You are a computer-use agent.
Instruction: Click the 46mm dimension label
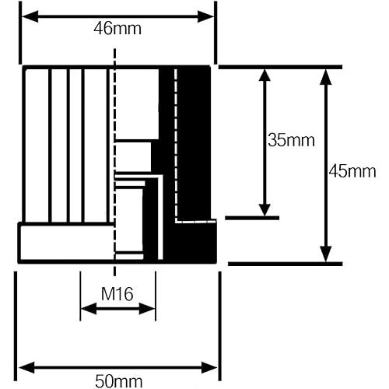click(117, 29)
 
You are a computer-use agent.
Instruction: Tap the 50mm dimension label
click(119, 381)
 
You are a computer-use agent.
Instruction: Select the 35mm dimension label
click(291, 140)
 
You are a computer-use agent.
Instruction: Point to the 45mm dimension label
click(352, 171)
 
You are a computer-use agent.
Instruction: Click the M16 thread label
click(117, 294)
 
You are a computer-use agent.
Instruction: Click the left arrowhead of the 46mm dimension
click(30, 16)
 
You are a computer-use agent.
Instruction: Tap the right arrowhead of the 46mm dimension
click(206, 16)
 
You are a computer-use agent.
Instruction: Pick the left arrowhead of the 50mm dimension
click(26, 368)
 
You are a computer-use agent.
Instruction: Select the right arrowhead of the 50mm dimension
click(209, 368)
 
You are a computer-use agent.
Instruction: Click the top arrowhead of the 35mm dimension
click(265, 75)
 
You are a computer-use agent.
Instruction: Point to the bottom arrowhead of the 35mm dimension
click(265, 210)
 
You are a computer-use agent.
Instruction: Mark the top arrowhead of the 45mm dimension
click(326, 77)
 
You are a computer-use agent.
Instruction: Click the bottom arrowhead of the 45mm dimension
click(326, 254)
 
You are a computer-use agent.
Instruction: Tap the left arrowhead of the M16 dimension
click(89, 309)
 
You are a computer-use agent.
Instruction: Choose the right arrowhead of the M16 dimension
click(147, 309)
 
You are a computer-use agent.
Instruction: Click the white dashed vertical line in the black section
click(176, 145)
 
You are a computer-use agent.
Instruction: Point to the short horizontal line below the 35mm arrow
click(252, 218)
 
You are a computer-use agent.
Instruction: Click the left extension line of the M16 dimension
click(80, 296)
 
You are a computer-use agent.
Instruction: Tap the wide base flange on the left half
click(66, 243)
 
